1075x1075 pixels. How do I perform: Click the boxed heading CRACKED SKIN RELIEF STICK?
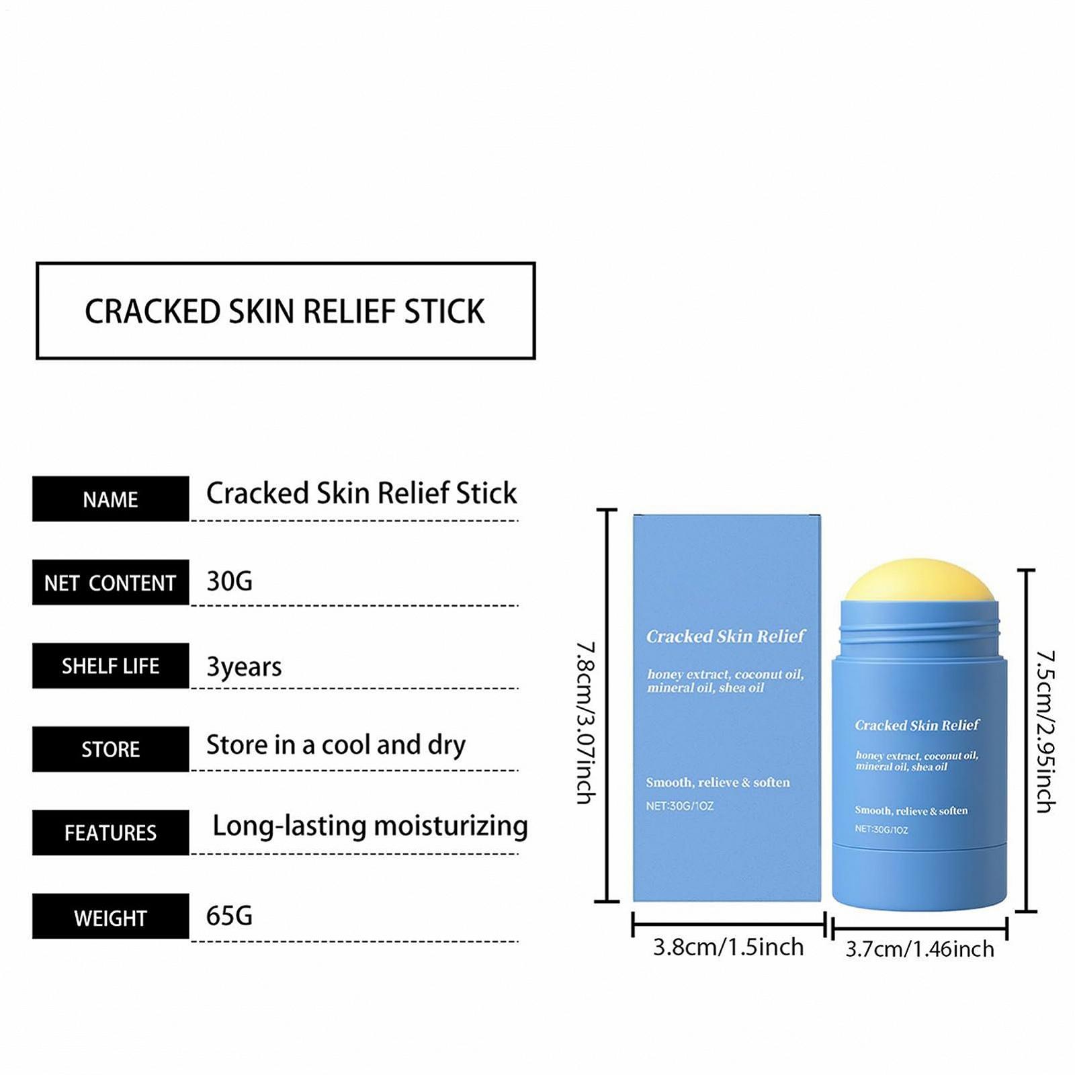(285, 311)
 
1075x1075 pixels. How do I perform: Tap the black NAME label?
(110, 499)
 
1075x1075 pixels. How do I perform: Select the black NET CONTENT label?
(110, 583)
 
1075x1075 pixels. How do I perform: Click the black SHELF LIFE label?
(110, 666)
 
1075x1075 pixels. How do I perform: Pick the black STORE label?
(110, 749)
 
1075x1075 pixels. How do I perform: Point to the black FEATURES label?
(110, 833)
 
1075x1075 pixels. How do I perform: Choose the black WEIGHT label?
(110, 917)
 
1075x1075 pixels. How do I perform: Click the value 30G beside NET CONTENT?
(229, 581)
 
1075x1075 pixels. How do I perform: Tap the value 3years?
(244, 666)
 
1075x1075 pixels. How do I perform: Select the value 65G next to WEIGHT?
(229, 916)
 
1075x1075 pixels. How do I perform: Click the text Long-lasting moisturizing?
(370, 826)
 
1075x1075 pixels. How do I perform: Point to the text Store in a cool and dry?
(335, 745)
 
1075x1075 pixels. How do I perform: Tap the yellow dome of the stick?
(918, 581)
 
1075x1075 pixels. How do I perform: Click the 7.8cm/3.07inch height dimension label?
(585, 722)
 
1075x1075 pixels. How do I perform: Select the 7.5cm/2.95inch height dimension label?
(1045, 731)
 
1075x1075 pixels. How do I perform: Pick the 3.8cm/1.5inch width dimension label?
(728, 947)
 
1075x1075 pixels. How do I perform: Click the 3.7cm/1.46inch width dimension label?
(919, 949)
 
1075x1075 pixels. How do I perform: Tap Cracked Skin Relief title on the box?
(725, 636)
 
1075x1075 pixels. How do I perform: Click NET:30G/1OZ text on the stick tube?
(881, 830)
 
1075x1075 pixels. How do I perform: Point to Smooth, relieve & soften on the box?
(718, 783)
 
